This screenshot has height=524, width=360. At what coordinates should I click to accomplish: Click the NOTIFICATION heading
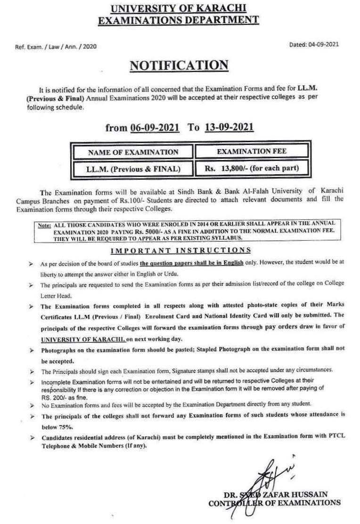pos(179,65)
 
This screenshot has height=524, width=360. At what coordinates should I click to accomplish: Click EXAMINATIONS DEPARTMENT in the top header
pos(180,20)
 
